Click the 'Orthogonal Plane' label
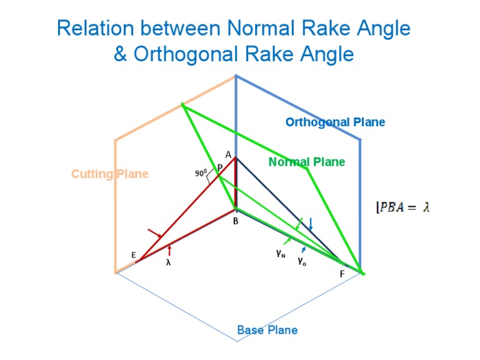click(x=335, y=122)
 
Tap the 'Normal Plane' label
click(x=306, y=162)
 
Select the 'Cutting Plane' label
click(x=110, y=174)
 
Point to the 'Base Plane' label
click(x=267, y=330)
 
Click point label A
click(x=229, y=154)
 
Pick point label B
click(x=236, y=220)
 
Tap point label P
click(x=220, y=168)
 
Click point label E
click(x=134, y=255)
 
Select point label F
click(x=342, y=274)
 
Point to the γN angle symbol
click(x=281, y=254)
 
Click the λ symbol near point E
click(x=168, y=263)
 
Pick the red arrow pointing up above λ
click(x=169, y=251)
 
